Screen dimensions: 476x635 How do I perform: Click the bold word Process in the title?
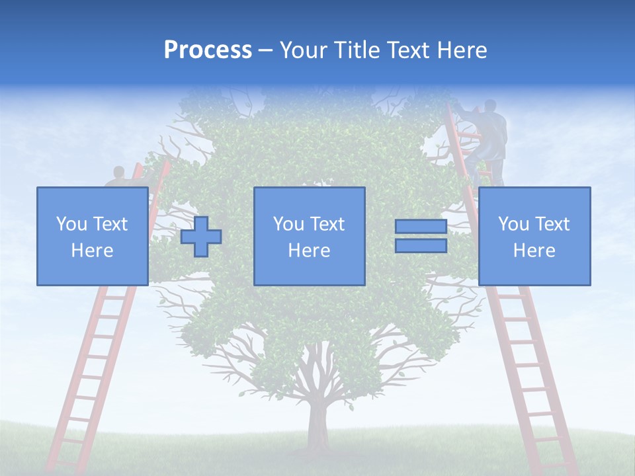click(208, 50)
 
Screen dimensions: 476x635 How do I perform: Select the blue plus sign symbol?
click(201, 237)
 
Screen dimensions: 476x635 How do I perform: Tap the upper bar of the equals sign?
click(421, 227)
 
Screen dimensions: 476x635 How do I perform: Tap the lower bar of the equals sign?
click(421, 246)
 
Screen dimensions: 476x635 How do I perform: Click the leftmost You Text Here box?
click(92, 236)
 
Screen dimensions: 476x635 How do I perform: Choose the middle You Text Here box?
click(309, 236)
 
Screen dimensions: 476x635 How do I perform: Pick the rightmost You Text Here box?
click(534, 236)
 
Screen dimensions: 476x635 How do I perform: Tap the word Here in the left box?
click(92, 251)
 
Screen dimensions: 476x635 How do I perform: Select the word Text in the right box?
click(552, 224)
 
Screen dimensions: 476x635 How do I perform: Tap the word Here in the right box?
click(534, 251)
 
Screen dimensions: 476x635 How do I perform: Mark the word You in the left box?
click(71, 224)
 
